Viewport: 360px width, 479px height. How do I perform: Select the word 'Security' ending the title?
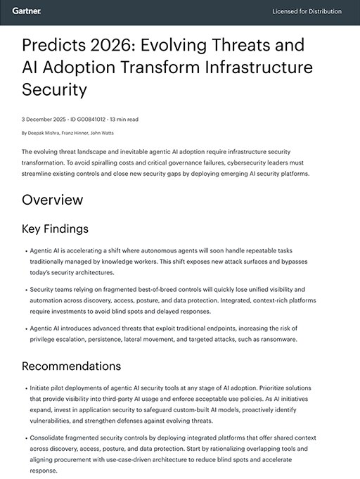54,91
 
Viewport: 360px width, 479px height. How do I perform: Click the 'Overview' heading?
52,200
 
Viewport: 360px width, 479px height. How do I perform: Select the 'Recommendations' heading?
71,366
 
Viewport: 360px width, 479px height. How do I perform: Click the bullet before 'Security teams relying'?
25,289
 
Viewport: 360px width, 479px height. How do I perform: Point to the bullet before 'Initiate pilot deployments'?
25,388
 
